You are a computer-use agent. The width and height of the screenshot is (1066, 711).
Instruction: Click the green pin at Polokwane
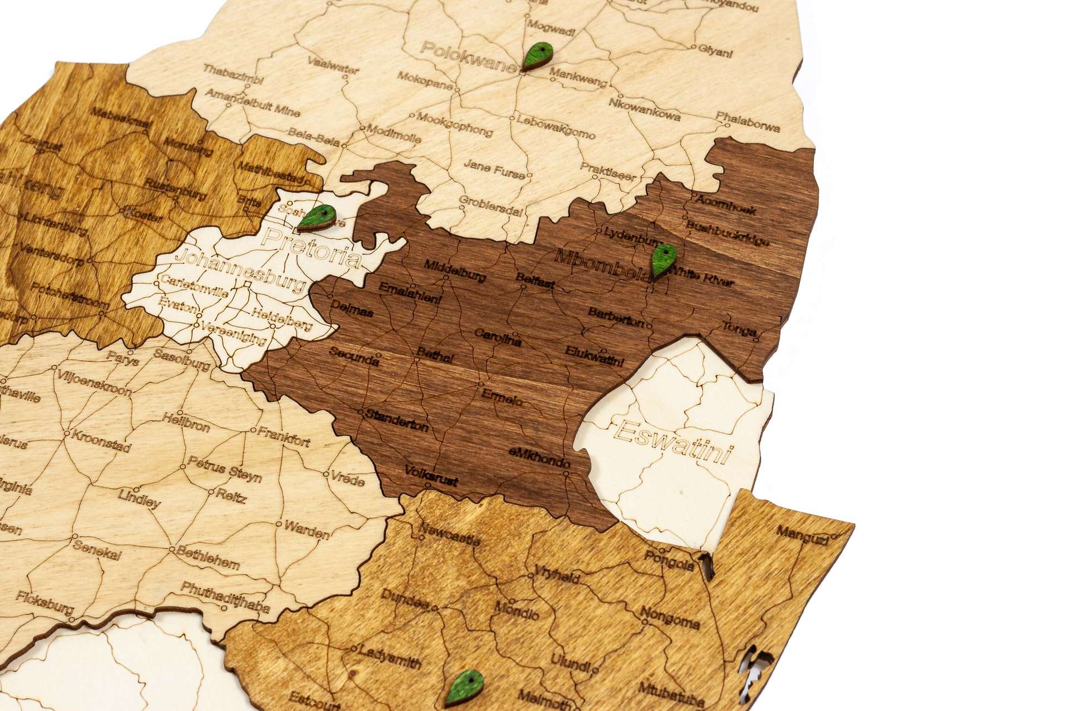coord(538,56)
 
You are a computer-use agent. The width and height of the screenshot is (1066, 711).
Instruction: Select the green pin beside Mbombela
coord(663,261)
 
